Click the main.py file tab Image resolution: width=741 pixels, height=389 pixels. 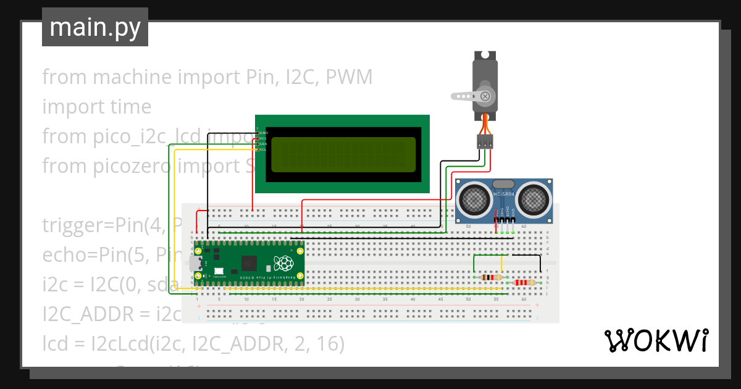tap(94, 27)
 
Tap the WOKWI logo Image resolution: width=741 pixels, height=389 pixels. tap(655, 340)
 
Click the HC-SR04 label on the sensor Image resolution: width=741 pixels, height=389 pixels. tap(504, 194)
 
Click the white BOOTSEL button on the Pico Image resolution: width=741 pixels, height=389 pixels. tap(218, 271)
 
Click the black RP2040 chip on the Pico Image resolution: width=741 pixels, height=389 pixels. tap(249, 264)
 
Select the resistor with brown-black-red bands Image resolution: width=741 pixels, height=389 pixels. tap(491, 277)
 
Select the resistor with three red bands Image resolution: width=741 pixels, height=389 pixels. tap(524, 283)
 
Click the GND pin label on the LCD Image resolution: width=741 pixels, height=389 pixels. tap(263, 132)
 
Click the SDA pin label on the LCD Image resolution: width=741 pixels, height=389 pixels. tap(263, 144)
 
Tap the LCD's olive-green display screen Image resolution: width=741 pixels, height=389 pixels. tap(343, 154)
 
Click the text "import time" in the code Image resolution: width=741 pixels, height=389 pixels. tap(96, 107)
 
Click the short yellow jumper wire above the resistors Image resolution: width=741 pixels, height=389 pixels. tap(501, 264)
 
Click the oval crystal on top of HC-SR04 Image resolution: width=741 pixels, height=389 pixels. tap(503, 183)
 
